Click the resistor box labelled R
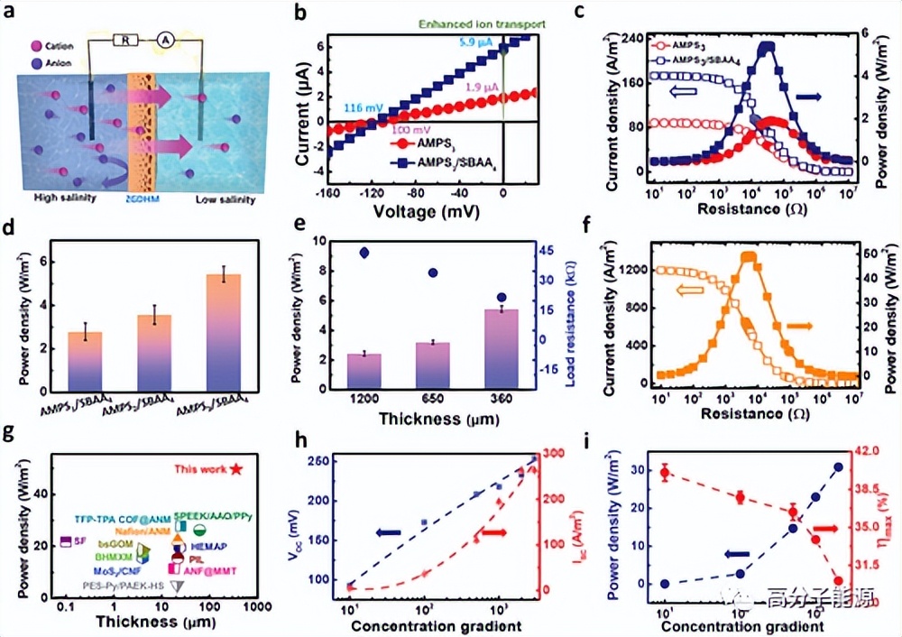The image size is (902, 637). coord(122,41)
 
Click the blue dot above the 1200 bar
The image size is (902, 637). coord(364,253)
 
